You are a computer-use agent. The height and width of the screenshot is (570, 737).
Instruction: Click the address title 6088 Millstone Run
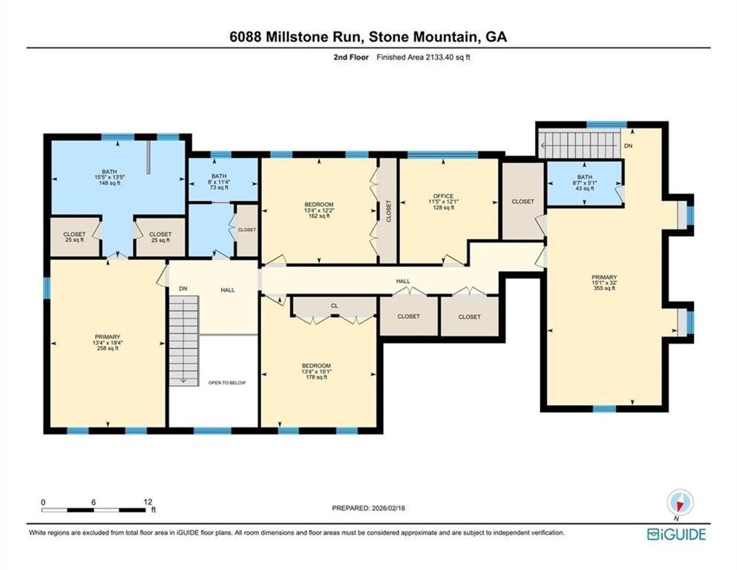[x=368, y=36]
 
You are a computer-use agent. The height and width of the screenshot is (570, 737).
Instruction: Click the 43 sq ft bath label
[x=584, y=182]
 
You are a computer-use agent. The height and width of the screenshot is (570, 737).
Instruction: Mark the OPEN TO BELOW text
[x=226, y=382]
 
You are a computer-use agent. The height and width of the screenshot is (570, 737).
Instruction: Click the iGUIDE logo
[x=675, y=534]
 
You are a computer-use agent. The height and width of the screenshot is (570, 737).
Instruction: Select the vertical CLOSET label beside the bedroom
[x=387, y=211]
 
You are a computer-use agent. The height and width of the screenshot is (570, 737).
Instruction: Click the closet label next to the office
[x=523, y=201]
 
